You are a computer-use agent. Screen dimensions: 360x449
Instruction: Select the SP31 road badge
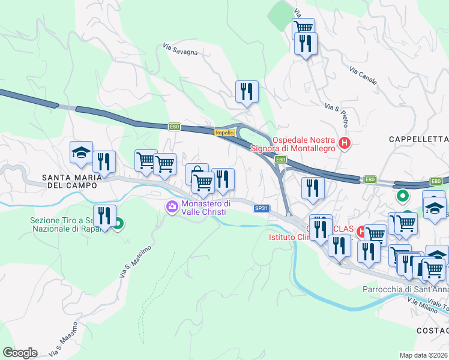[261, 208]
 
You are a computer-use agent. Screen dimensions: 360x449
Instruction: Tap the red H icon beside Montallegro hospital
[345, 143]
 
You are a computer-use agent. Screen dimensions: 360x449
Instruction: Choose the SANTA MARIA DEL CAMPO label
[69, 181]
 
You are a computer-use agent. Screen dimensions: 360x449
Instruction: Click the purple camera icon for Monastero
[172, 207]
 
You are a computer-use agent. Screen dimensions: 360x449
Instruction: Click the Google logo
[19, 353]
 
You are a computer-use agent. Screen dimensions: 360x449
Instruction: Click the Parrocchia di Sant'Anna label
[406, 289]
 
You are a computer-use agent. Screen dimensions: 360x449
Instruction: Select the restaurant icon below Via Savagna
[247, 92]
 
